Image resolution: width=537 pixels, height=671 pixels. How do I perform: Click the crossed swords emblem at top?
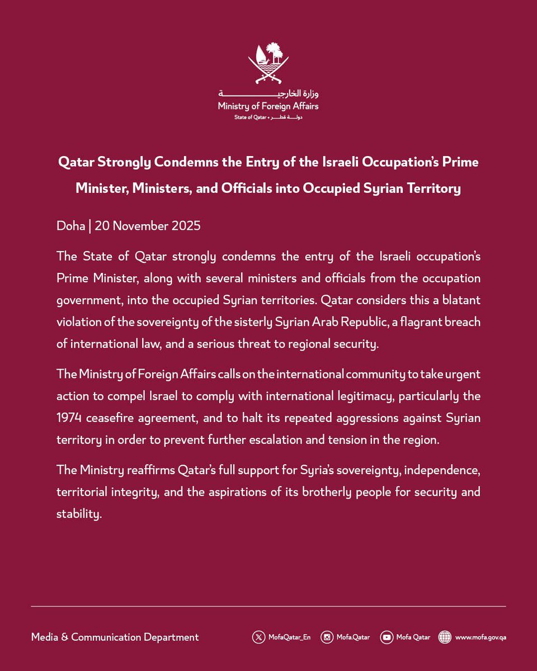point(268,63)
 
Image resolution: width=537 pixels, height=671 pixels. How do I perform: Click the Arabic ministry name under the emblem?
point(268,93)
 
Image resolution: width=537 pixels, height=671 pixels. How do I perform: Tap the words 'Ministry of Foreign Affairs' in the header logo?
point(268,106)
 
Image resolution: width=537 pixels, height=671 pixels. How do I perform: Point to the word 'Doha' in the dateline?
point(70,226)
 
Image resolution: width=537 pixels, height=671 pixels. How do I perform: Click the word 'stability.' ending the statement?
point(79,514)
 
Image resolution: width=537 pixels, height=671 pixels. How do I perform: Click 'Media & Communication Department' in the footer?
point(115,637)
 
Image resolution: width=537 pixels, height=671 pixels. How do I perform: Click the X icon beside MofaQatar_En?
point(258,637)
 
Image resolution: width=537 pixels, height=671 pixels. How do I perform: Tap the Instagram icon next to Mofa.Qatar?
point(327,637)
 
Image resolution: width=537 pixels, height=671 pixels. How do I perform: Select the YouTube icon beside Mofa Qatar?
point(387,637)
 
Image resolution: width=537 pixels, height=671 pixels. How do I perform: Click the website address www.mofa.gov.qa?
point(480,637)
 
